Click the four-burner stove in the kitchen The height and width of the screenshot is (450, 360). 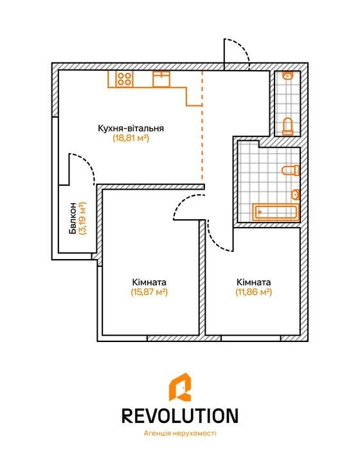pyautogui.click(x=125, y=79)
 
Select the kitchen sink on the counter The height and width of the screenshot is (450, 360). pyautogui.click(x=161, y=79)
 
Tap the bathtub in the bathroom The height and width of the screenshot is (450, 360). pyautogui.click(x=276, y=212)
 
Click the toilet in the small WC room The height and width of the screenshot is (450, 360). pyautogui.click(x=287, y=126)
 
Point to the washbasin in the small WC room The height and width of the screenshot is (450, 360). pyautogui.click(x=287, y=76)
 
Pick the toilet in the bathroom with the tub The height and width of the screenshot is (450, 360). pyautogui.click(x=291, y=170)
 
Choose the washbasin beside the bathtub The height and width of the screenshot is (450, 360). pyautogui.click(x=296, y=195)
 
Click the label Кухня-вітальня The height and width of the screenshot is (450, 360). pyautogui.click(x=131, y=128)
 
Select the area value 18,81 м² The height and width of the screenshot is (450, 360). pyautogui.click(x=131, y=138)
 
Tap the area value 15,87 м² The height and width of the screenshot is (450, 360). pyautogui.click(x=149, y=292)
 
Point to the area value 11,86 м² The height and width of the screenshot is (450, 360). pyautogui.click(x=253, y=292)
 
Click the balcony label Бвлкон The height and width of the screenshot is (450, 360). pyautogui.click(x=73, y=218)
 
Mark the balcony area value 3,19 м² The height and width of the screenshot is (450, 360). pyautogui.click(x=83, y=218)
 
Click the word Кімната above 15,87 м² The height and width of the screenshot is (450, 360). pyautogui.click(x=149, y=282)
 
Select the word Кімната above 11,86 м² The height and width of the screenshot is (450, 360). pyautogui.click(x=253, y=282)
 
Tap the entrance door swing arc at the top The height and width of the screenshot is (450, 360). pyautogui.click(x=243, y=48)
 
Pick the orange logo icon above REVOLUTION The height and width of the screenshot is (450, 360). pyautogui.click(x=180, y=387)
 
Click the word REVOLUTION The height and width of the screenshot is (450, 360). pyautogui.click(x=180, y=416)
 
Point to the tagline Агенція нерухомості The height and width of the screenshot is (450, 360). pyautogui.click(x=180, y=433)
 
